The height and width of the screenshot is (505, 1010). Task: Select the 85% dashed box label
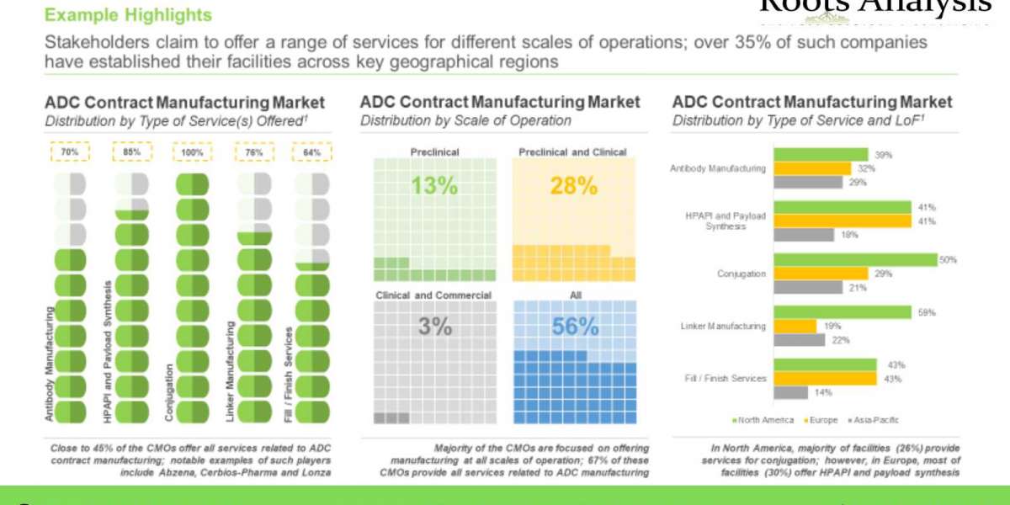pyautogui.click(x=131, y=152)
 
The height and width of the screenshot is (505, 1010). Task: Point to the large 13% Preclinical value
pyautogui.click(x=433, y=186)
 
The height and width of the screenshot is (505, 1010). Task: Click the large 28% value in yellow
pyautogui.click(x=573, y=186)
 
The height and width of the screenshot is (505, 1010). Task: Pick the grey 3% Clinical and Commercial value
pyautogui.click(x=433, y=327)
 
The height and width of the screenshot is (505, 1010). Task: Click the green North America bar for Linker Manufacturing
pyautogui.click(x=843, y=312)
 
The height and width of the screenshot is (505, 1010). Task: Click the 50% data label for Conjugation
pyautogui.click(x=949, y=260)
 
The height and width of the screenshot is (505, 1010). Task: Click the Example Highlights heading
pyautogui.click(x=128, y=15)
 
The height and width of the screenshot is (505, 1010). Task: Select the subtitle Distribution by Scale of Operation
pyautogui.click(x=465, y=120)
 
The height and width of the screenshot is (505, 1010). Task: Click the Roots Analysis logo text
pyautogui.click(x=875, y=7)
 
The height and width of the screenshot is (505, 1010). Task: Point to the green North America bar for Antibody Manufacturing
pyautogui.click(x=821, y=155)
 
